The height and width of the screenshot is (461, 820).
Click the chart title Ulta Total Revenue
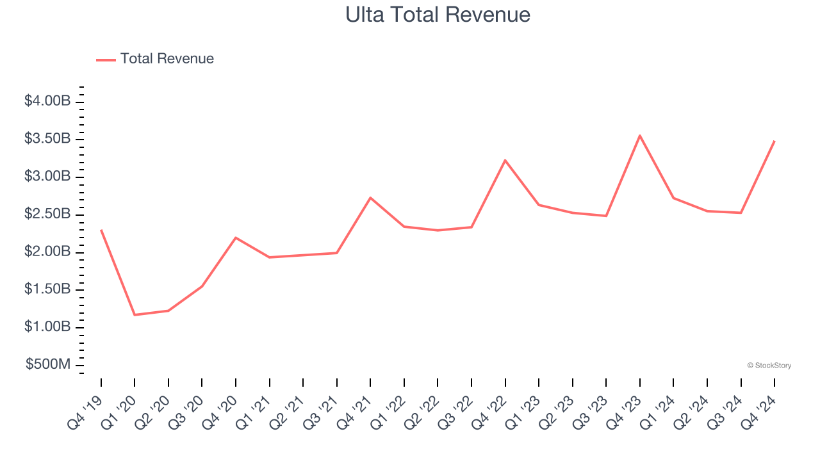click(x=438, y=14)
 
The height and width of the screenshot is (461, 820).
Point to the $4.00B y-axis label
click(x=47, y=101)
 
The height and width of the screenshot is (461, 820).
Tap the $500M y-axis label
click(x=48, y=365)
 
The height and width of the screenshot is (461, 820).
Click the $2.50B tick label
click(x=47, y=214)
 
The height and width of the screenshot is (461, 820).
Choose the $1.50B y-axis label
click(x=47, y=289)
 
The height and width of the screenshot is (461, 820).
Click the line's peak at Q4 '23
click(x=640, y=136)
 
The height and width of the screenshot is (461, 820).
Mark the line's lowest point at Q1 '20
click(x=135, y=315)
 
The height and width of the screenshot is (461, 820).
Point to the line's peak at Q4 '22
click(x=505, y=160)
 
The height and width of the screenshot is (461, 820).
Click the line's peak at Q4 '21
click(x=370, y=198)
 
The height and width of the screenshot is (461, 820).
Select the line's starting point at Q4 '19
click(x=101, y=230)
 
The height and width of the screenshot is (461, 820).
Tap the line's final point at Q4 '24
click(x=775, y=141)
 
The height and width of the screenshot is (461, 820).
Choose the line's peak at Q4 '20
click(x=236, y=238)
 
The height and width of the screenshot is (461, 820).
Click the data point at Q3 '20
click(x=202, y=286)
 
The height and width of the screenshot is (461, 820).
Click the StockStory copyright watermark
click(x=769, y=366)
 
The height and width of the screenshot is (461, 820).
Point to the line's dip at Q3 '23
click(x=606, y=216)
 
